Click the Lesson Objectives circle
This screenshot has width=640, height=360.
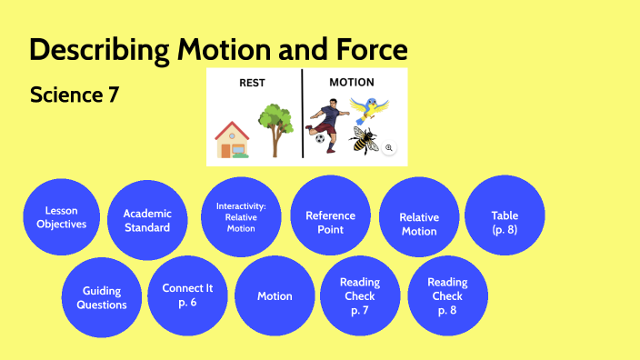click(62, 217)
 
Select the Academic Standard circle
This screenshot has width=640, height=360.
click(147, 221)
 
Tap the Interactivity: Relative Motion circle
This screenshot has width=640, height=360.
click(241, 217)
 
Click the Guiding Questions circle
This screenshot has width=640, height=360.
click(102, 297)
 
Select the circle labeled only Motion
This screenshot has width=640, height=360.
click(275, 296)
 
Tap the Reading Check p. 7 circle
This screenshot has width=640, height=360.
click(360, 296)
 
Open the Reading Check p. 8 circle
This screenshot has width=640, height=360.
click(447, 296)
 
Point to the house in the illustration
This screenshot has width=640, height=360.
click(232, 139)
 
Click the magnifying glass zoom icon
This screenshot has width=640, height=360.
click(389, 147)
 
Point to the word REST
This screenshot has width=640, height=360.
click(252, 83)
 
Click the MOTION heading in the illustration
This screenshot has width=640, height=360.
click(351, 83)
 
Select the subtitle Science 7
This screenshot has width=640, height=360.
click(75, 95)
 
